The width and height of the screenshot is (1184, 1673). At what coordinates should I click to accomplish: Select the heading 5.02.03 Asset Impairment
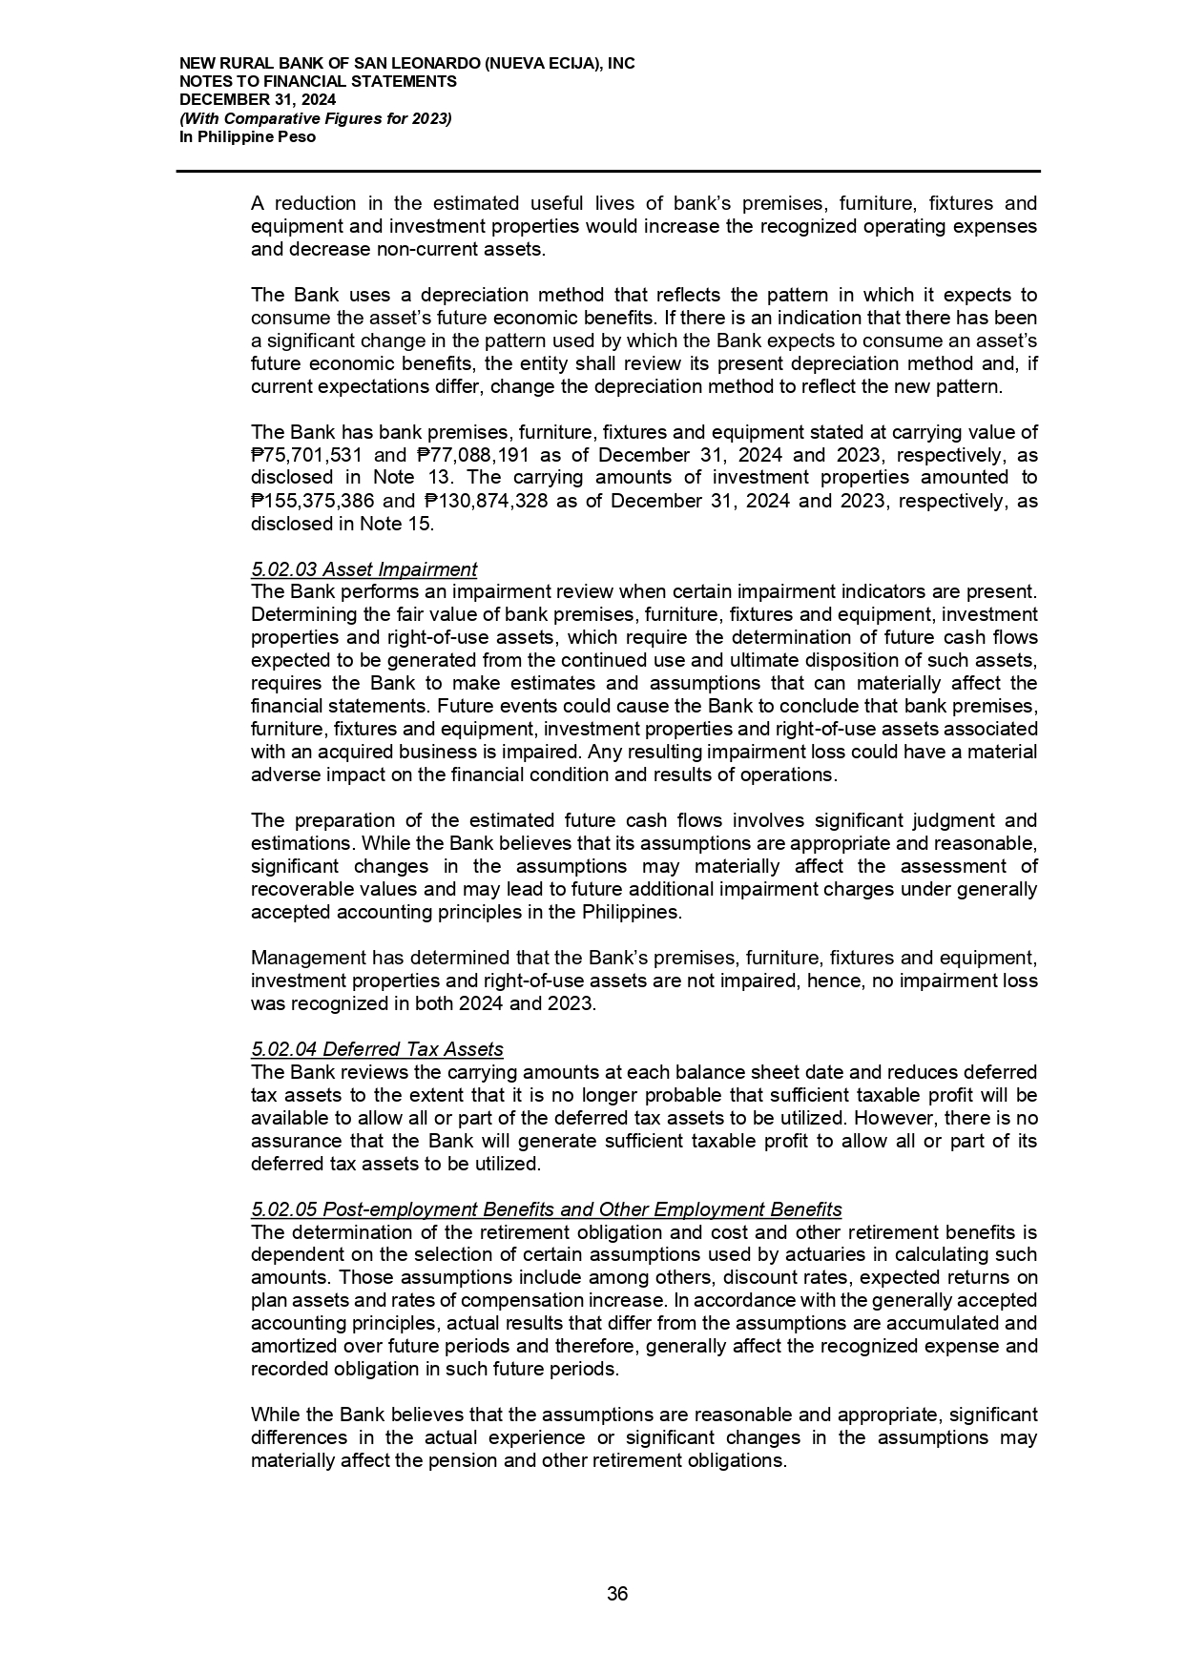[364, 569]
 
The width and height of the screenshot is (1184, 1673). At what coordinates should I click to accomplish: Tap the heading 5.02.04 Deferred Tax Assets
[377, 1049]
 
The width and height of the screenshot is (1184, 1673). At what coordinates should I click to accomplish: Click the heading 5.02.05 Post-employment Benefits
[546, 1209]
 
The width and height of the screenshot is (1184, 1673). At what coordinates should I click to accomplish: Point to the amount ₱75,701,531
[309, 455]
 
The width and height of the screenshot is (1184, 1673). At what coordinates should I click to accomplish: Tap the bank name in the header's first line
[406, 64]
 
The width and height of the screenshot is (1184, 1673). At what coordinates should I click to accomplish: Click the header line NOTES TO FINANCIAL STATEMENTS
[318, 82]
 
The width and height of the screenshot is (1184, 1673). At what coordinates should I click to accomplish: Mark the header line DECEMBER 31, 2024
[258, 100]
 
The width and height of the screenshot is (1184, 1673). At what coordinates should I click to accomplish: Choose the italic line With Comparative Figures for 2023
[316, 118]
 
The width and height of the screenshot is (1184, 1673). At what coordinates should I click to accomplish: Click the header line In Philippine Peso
[247, 136]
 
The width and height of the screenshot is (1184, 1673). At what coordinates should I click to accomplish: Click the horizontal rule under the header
[608, 172]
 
